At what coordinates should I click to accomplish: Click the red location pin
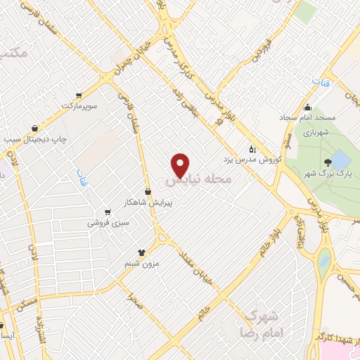(181, 165)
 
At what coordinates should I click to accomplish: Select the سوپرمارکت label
(77, 105)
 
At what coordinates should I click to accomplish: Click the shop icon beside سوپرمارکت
(79, 95)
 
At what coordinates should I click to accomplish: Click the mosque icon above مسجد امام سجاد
(307, 108)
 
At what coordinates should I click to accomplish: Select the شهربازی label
(316, 131)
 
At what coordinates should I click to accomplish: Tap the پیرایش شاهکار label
(150, 202)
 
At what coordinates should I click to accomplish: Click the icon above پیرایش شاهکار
(148, 191)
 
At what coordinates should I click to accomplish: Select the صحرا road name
(134, 302)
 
